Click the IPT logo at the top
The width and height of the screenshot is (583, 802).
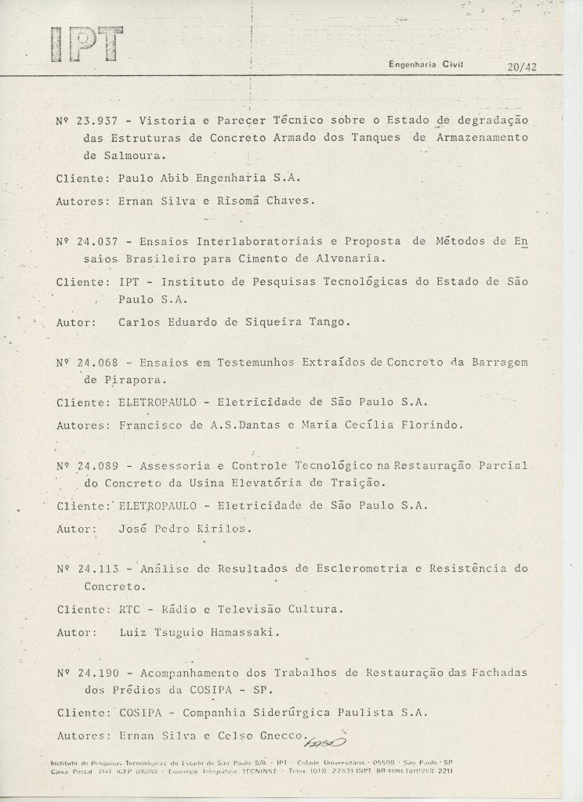(86, 43)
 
